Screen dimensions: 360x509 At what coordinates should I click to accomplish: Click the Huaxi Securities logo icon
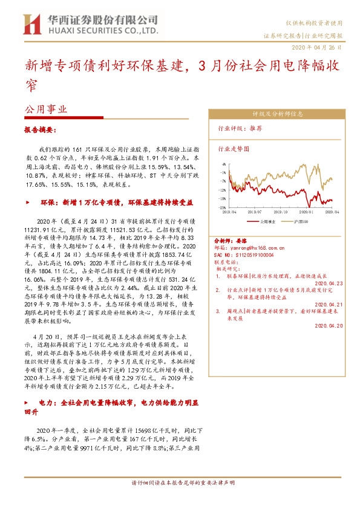coord(30,24)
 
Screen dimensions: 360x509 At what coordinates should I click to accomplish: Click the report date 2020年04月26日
coord(318,47)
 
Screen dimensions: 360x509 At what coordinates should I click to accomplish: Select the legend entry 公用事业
coord(267,222)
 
